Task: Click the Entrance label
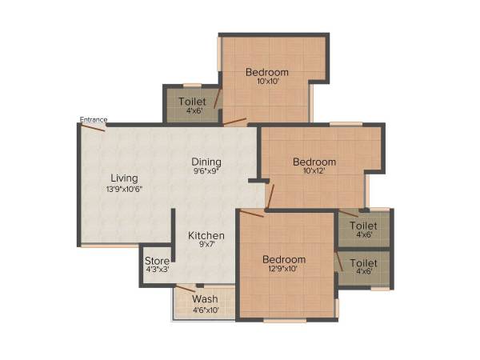coord(93,120)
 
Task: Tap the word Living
coord(124,178)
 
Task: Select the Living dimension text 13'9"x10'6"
coord(124,189)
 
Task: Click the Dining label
coord(206,162)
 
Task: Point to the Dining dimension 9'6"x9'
coord(206,171)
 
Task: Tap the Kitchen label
coord(206,235)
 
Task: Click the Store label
coord(157,260)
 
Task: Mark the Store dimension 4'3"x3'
coord(157,270)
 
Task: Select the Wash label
coord(205,299)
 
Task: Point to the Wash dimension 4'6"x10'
coord(205,310)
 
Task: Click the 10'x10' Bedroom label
coord(267,72)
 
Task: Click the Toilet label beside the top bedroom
coord(192,102)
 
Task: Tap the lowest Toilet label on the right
coord(364,262)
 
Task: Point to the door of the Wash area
coord(186,288)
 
